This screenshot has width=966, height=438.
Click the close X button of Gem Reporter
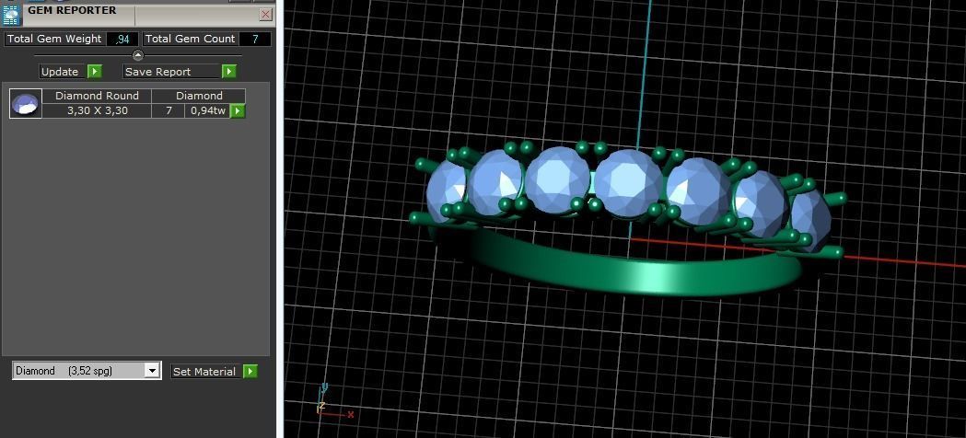click(265, 14)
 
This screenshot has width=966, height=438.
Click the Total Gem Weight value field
click(122, 39)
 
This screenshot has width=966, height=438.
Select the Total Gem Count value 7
click(255, 39)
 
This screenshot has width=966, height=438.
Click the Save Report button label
click(157, 72)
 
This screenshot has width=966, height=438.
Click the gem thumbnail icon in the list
click(25, 103)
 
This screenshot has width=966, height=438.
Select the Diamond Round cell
click(97, 96)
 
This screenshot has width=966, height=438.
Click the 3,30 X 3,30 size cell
click(97, 110)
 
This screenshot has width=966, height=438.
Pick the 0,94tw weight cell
click(207, 110)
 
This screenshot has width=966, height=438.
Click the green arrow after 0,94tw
click(238, 110)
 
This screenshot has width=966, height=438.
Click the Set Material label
click(204, 372)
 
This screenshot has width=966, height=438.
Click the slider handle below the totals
click(138, 55)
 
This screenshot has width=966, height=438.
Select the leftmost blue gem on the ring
click(446, 190)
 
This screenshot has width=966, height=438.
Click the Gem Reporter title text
click(72, 10)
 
